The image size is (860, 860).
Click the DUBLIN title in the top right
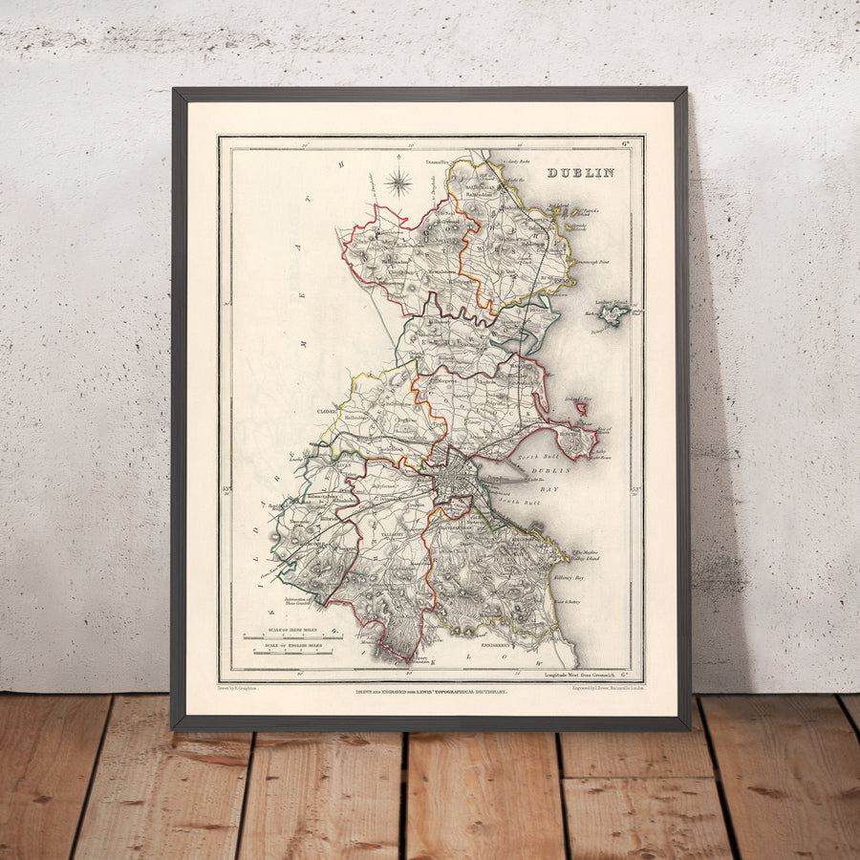580,173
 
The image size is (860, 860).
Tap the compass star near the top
398,181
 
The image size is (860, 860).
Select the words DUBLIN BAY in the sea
557,478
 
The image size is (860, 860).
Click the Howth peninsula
580,441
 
